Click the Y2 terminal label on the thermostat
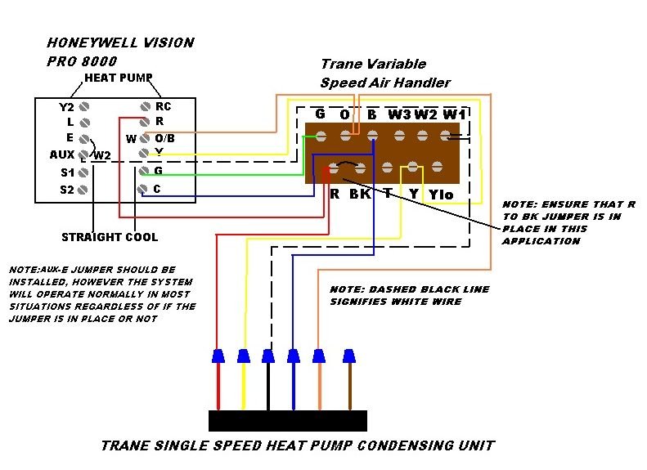tap(65, 107)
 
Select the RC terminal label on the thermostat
tap(164, 106)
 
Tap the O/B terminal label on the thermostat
tap(164, 138)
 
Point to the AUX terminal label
tap(62, 154)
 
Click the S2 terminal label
tap(66, 190)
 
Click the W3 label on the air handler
tap(399, 114)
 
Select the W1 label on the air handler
tap(455, 114)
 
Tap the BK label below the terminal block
tap(360, 195)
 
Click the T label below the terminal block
tap(387, 195)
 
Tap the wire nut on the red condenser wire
tap(218, 356)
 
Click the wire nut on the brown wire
tap(349, 356)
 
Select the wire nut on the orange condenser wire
tap(319, 356)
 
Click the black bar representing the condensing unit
tap(287, 420)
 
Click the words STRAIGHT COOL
tap(110, 237)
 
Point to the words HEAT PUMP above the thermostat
tap(119, 78)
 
